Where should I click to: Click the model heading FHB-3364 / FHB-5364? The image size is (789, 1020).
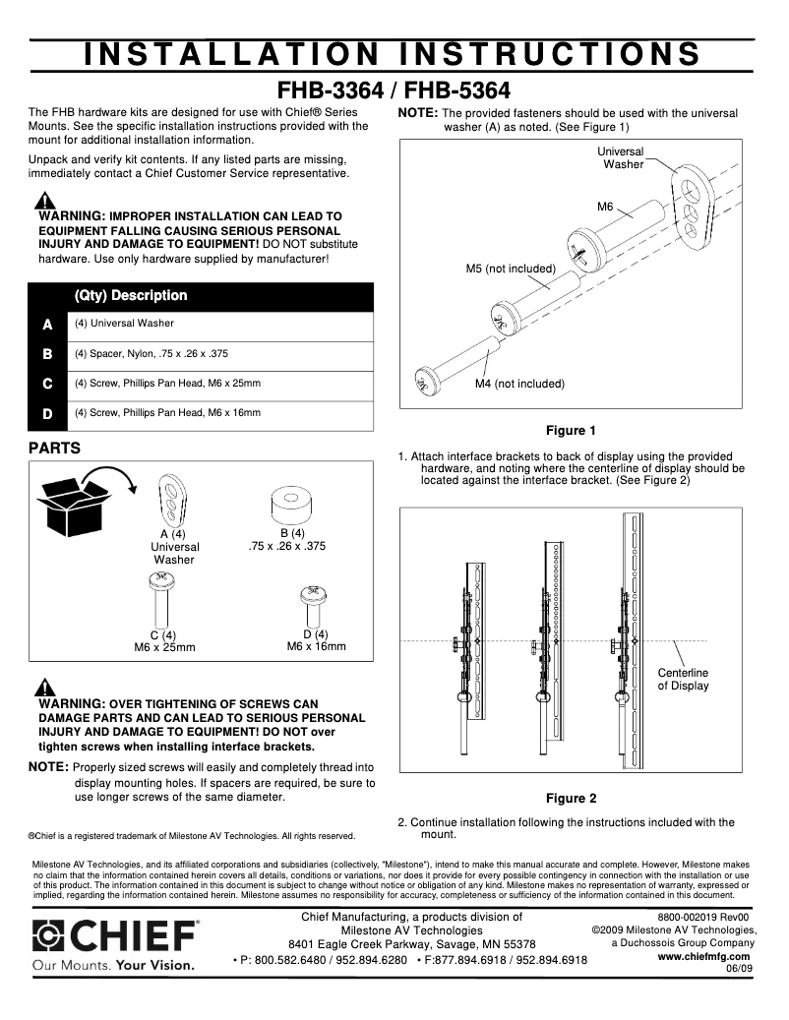tap(394, 90)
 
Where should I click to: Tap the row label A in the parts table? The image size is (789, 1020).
tap(47, 324)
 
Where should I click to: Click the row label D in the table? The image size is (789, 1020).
tap(47, 414)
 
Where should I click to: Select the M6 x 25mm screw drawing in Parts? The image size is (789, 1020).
tap(161, 599)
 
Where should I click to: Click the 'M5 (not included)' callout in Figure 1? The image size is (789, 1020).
tap(511, 269)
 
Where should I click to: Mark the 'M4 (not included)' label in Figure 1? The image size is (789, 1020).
tap(519, 384)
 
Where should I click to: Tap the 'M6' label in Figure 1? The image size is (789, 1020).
tap(605, 207)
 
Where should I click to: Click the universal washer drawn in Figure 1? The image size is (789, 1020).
tap(694, 208)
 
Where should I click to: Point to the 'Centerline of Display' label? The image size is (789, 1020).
tap(683, 679)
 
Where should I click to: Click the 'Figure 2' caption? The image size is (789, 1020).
tap(571, 798)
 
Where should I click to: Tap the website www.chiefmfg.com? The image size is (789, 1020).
tap(703, 956)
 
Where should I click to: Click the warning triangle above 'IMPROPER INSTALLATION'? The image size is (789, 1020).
tap(45, 201)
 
